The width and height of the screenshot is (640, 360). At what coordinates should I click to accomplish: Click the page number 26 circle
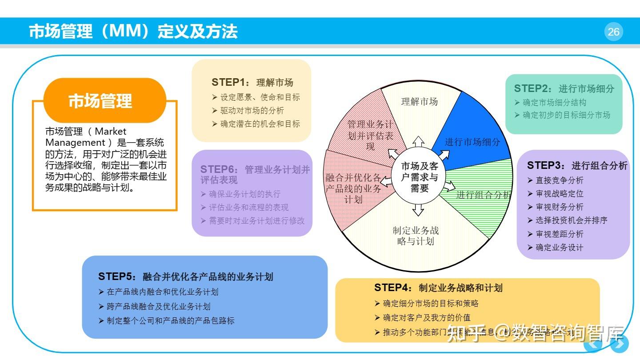(613, 32)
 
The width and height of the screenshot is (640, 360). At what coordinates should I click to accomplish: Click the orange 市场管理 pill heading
(100, 100)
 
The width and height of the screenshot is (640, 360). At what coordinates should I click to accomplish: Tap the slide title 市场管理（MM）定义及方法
(133, 32)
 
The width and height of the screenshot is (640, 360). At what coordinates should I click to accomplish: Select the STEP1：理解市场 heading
(252, 82)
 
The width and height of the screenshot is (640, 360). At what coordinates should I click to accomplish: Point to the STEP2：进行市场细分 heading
(564, 88)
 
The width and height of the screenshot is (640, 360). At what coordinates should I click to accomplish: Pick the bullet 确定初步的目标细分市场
(566, 115)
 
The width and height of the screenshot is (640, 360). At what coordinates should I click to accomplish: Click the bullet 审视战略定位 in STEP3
(559, 194)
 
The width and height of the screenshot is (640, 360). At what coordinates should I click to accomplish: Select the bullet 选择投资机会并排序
(571, 220)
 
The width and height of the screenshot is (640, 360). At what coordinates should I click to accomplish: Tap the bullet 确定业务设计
(559, 248)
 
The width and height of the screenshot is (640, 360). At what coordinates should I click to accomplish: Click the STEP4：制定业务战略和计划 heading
(438, 288)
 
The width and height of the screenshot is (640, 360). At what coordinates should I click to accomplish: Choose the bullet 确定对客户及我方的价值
(426, 318)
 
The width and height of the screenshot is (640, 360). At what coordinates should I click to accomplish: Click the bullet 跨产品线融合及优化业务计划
(158, 307)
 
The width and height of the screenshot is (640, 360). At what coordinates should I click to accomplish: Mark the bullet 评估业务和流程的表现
(248, 208)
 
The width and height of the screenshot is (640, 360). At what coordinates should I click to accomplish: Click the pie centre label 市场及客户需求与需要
(419, 177)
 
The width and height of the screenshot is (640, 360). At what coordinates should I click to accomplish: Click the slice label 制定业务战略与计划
(416, 236)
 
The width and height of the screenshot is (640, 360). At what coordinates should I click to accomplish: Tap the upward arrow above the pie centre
(418, 141)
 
